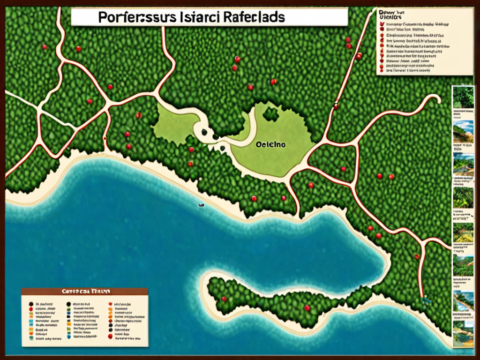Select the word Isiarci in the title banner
pos(196,17)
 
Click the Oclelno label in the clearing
pos(271,145)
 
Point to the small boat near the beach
pos(201,205)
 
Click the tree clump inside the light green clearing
pos(270,113)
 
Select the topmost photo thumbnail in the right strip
pos(463,97)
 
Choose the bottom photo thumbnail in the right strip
pos(463,333)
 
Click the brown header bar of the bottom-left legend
pos(84,291)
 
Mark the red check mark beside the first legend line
pos(382,23)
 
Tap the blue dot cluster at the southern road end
pos(426,300)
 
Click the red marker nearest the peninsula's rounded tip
pos(224,298)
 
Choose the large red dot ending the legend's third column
pos(109,336)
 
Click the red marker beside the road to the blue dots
pos(416,256)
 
